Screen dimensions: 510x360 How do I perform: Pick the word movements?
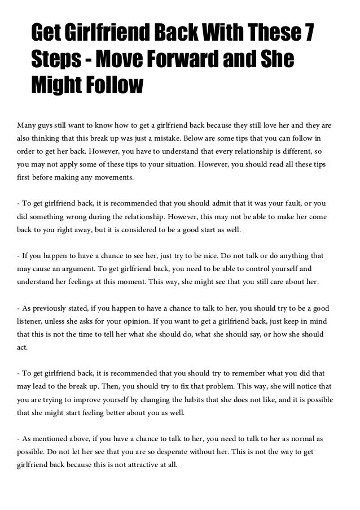(x=112, y=177)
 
